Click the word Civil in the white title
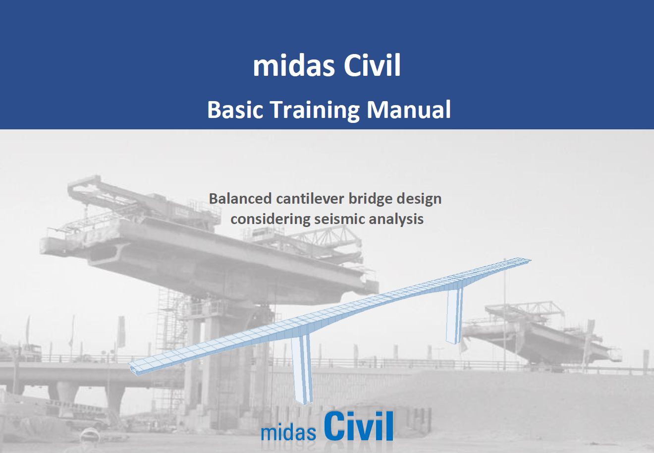372,65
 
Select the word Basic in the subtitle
235,110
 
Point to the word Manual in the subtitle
408,110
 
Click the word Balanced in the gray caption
240,199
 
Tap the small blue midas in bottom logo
288,432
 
